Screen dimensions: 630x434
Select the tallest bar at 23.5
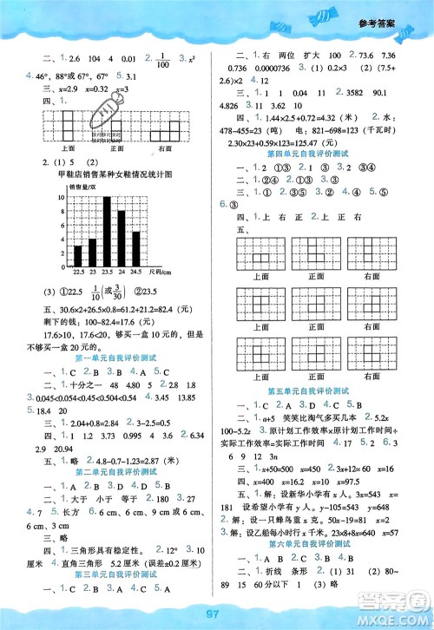click(x=107, y=232)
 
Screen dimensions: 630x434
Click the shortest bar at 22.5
click(x=76, y=256)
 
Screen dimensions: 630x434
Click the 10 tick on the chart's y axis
click(x=62, y=197)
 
